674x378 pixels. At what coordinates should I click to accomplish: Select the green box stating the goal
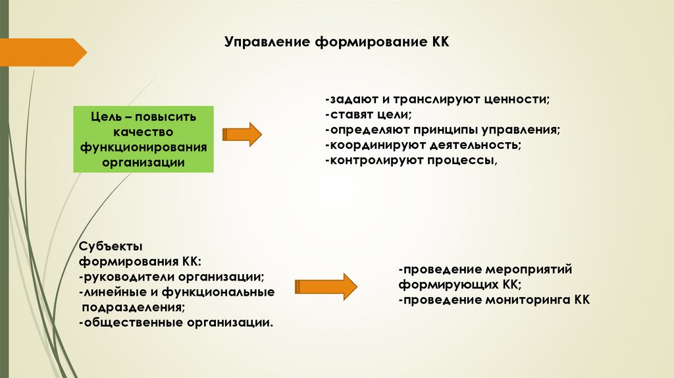pyautogui.click(x=143, y=139)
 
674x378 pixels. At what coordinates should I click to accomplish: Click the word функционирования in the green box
pyautogui.click(x=143, y=147)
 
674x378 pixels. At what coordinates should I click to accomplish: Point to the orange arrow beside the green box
pyautogui.click(x=242, y=134)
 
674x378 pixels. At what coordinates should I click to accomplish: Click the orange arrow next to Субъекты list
pyautogui.click(x=325, y=285)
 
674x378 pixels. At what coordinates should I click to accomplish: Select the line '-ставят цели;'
pyautogui.click(x=367, y=115)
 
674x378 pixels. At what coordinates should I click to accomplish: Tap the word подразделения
pyautogui.click(x=132, y=307)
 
